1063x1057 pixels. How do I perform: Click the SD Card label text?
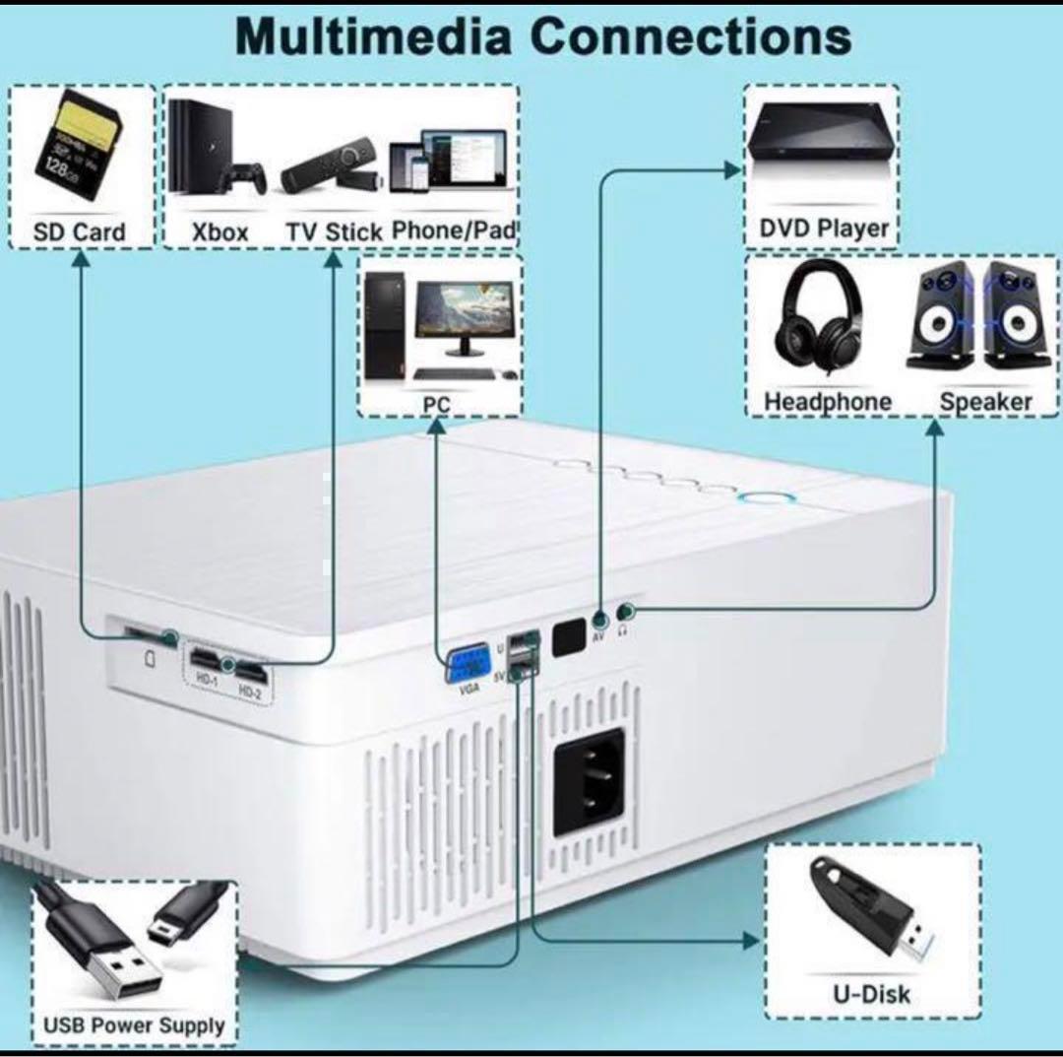(80, 233)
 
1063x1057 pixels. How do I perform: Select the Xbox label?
(219, 233)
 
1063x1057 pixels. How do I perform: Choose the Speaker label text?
(985, 402)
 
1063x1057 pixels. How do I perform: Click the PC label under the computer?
(437, 405)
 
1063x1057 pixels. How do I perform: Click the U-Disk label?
(872, 993)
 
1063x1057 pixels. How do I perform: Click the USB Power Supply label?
(134, 1024)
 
